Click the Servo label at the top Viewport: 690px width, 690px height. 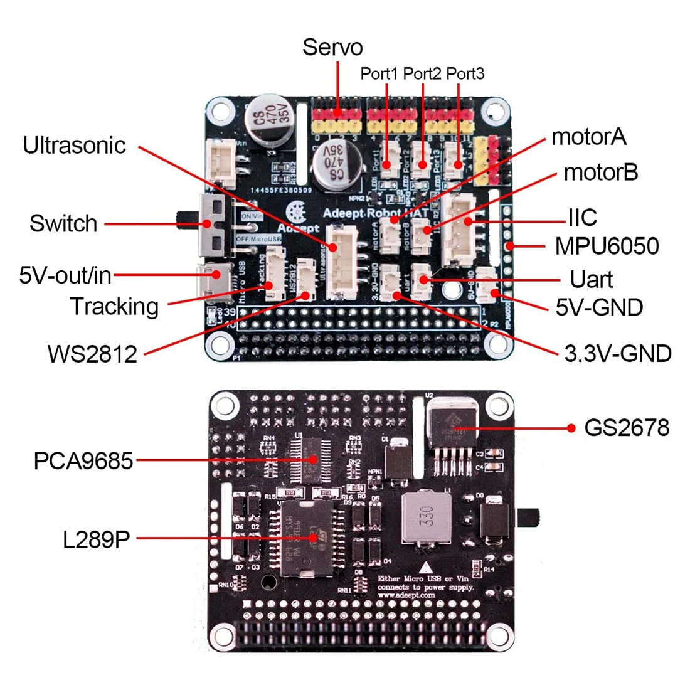[332, 48]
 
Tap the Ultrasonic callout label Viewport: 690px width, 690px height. [75, 146]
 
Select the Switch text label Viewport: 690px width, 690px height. [63, 224]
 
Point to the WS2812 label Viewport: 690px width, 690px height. [92, 354]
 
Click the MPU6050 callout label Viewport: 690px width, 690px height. [607, 246]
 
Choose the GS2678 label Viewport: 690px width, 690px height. [627, 428]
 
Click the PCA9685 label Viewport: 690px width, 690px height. [83, 462]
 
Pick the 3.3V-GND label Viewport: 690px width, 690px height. [618, 354]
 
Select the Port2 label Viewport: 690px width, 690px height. [422, 74]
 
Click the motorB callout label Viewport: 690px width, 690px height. [601, 172]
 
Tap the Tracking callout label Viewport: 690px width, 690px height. [114, 307]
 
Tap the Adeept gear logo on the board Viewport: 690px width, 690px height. [297, 211]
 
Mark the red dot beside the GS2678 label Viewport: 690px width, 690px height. [571, 428]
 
